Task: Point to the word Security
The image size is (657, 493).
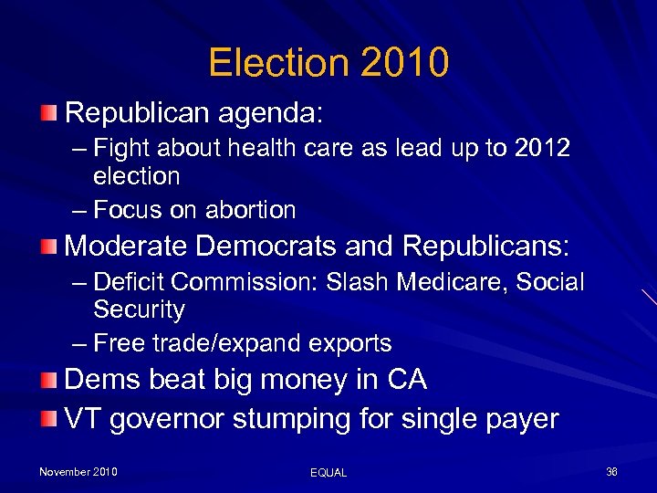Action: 139,309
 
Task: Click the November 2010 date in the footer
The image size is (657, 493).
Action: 78,471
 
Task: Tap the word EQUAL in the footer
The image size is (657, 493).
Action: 328,472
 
